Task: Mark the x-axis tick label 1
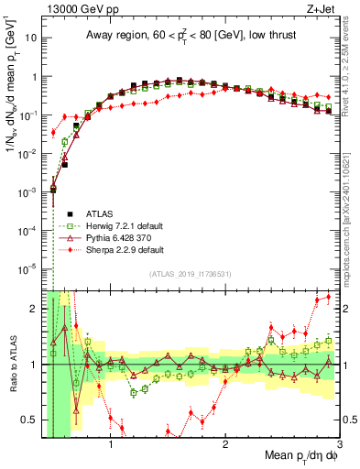click(x=111, y=448)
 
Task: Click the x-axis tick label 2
click(x=225, y=448)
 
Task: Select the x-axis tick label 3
click(x=338, y=448)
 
